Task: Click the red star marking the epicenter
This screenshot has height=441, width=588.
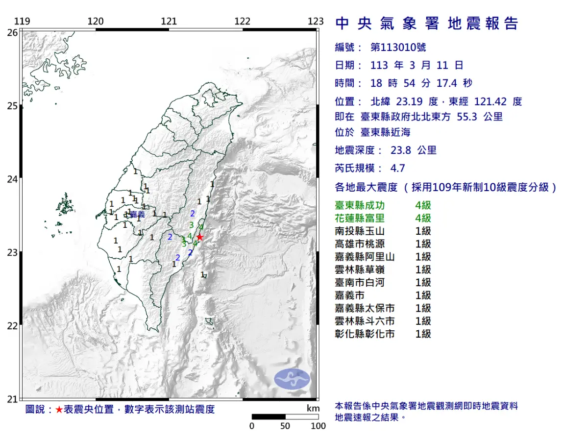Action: pyautogui.click(x=199, y=237)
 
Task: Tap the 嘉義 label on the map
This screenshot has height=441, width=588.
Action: pyautogui.click(x=138, y=214)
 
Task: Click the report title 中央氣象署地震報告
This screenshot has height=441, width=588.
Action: pyautogui.click(x=426, y=23)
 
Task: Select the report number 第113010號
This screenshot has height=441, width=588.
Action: pyautogui.click(x=398, y=47)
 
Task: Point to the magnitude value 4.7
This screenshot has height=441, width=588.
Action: pyautogui.click(x=397, y=168)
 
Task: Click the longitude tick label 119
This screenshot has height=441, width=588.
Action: pyautogui.click(x=22, y=21)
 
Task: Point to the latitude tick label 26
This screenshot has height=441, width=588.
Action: pyautogui.click(x=12, y=32)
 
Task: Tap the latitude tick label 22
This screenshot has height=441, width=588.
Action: pyautogui.click(x=12, y=326)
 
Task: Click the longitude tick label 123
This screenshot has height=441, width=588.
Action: pyautogui.click(x=316, y=21)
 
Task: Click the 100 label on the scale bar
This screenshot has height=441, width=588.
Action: pyautogui.click(x=318, y=426)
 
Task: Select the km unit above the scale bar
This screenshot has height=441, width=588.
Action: pyautogui.click(x=313, y=408)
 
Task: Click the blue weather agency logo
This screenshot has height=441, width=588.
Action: pyautogui.click(x=292, y=379)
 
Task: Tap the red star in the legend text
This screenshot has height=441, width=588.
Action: pyautogui.click(x=59, y=410)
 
